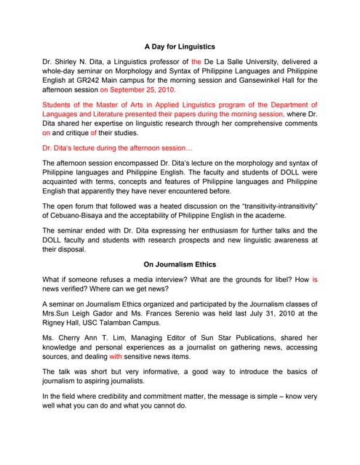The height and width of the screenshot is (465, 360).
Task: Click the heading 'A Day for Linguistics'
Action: [180, 46]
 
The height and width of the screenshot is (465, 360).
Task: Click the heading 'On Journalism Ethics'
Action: [180, 264]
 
